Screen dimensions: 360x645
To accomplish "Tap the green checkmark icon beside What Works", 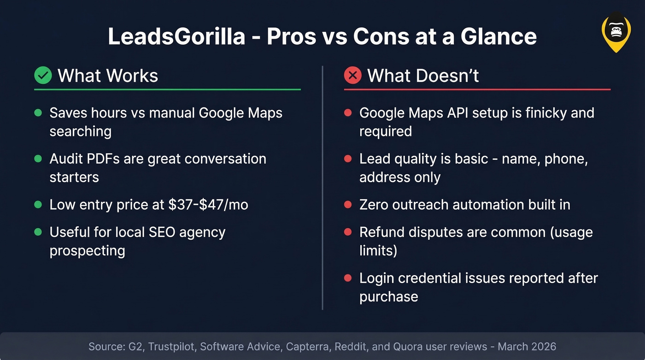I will tap(43, 75).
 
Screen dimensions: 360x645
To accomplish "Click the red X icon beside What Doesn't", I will tap(352, 75).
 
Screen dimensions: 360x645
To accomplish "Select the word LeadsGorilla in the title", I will tap(176, 36).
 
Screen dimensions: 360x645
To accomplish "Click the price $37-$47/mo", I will tap(208, 205).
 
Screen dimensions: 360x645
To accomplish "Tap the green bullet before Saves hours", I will tap(38, 113).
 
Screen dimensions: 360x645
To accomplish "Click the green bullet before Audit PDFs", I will tap(38, 159).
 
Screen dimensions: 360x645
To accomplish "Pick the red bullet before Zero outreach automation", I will tap(348, 205).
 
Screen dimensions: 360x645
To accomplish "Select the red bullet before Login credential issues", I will tap(348, 278).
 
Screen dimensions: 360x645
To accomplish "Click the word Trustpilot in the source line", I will tap(171, 347).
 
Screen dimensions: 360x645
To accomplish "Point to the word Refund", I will tap(381, 232).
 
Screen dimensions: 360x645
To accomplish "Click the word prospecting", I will tap(87, 251).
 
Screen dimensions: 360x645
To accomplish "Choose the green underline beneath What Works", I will tap(167, 89).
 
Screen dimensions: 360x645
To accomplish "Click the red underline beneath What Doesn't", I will tap(477, 89).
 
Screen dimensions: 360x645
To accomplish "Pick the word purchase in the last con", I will tap(388, 297).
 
